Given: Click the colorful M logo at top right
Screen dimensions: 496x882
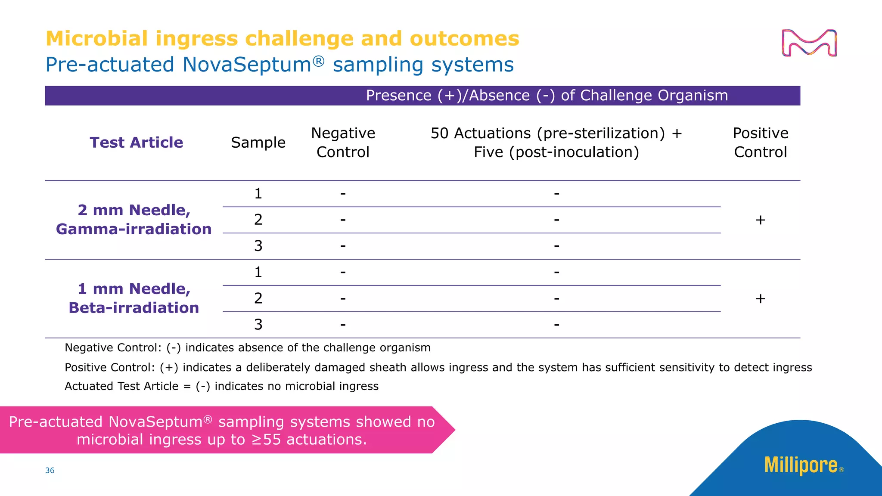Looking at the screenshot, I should pyautogui.click(x=809, y=43).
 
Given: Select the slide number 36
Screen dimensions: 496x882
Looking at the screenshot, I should pyautogui.click(x=50, y=471).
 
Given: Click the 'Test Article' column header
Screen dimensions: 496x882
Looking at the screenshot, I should pyautogui.click(x=136, y=143).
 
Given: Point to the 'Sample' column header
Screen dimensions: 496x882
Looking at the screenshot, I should pyautogui.click(x=258, y=143).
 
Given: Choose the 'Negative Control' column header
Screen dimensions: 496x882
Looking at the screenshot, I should pyautogui.click(x=343, y=143).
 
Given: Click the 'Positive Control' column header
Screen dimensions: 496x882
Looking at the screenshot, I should pyautogui.click(x=760, y=143).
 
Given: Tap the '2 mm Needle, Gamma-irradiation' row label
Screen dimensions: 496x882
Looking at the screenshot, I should pyautogui.click(x=134, y=220).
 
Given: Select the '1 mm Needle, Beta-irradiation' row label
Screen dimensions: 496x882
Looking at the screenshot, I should pyautogui.click(x=134, y=298).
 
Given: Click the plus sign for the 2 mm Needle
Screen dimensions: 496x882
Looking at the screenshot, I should pyautogui.click(x=760, y=220).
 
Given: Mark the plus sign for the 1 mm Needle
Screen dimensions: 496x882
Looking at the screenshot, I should pyautogui.click(x=760, y=298).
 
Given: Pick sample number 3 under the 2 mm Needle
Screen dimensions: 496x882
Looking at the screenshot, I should pyautogui.click(x=258, y=246).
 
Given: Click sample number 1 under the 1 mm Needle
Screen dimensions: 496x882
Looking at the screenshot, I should pyautogui.click(x=258, y=272).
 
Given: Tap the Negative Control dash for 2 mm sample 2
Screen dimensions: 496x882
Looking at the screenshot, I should pyautogui.click(x=343, y=220).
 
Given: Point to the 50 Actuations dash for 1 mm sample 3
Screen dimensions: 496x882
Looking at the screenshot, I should pyautogui.click(x=556, y=325).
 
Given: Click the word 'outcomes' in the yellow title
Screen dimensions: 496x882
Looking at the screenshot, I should pyautogui.click(x=464, y=39).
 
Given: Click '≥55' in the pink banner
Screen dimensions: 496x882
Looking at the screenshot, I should pyautogui.click(x=266, y=440).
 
